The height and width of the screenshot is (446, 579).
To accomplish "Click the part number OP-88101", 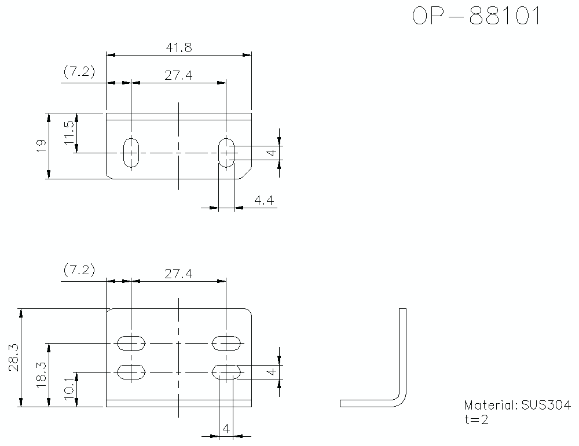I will (x=477, y=17).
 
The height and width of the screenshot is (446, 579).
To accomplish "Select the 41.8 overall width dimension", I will (x=178, y=48).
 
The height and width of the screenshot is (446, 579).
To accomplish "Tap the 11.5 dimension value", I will (x=69, y=133).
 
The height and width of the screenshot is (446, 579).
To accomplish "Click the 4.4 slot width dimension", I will (x=263, y=201).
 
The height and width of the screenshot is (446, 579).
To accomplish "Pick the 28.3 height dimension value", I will (x=14, y=357).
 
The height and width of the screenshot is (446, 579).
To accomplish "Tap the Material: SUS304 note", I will (x=517, y=405).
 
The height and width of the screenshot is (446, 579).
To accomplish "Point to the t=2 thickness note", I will (x=476, y=420).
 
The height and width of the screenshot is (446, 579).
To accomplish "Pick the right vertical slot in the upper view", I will (x=226, y=153).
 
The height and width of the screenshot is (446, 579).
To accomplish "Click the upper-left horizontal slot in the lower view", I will (x=131, y=344).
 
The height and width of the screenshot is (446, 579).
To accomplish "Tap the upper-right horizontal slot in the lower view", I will (x=226, y=344).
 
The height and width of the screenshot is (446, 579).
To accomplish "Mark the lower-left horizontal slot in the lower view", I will (x=131, y=371).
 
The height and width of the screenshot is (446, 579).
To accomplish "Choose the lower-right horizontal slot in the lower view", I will (x=226, y=371).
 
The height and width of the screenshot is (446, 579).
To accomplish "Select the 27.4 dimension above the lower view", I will (x=178, y=274).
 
